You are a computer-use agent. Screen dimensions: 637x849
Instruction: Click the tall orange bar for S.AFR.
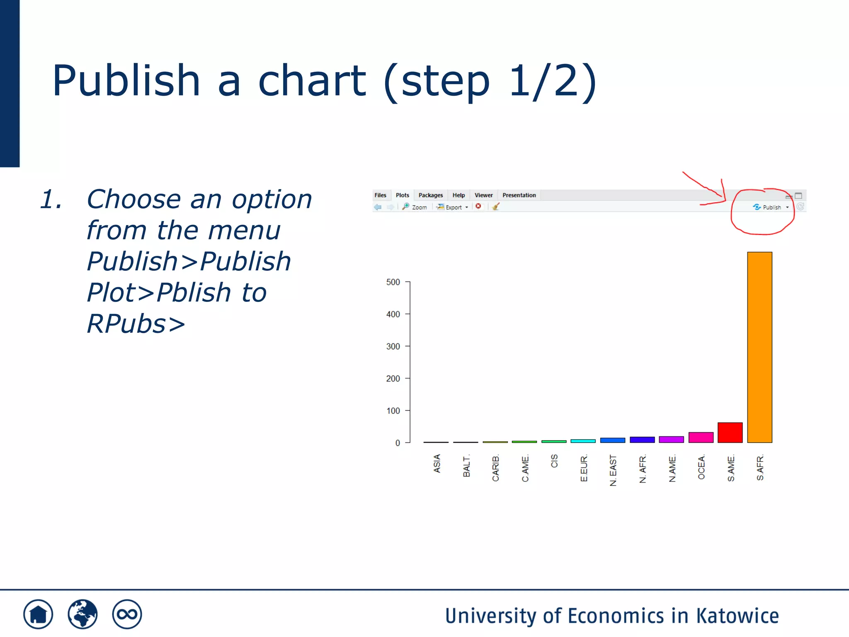pyautogui.click(x=759, y=348)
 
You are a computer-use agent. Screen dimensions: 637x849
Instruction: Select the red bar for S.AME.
pyautogui.click(x=730, y=433)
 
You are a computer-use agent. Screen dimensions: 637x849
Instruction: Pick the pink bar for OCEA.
pyautogui.click(x=701, y=438)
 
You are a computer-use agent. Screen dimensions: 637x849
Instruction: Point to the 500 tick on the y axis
pyautogui.click(x=393, y=282)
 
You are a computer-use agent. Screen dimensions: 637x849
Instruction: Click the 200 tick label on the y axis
pyautogui.click(x=393, y=379)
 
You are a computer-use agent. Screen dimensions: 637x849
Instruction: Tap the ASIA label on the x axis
pyautogui.click(x=437, y=463)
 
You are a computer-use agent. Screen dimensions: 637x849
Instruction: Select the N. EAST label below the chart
pyautogui.click(x=613, y=470)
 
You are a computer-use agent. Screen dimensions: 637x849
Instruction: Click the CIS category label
pyautogui.click(x=554, y=461)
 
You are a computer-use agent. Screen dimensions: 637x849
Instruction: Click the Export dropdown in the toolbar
pyautogui.click(x=453, y=207)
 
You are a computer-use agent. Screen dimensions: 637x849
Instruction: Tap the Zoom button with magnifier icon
pyautogui.click(x=415, y=207)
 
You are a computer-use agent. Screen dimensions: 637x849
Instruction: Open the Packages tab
pyautogui.click(x=430, y=195)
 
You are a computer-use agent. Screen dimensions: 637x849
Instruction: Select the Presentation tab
pyautogui.click(x=519, y=195)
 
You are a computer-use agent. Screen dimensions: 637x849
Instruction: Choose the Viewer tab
pyautogui.click(x=483, y=195)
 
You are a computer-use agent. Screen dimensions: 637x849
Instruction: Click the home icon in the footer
pyautogui.click(x=38, y=614)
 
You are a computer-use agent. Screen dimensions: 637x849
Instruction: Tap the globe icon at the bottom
pyautogui.click(x=82, y=614)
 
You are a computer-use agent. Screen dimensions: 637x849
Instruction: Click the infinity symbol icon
pyautogui.click(x=127, y=614)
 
